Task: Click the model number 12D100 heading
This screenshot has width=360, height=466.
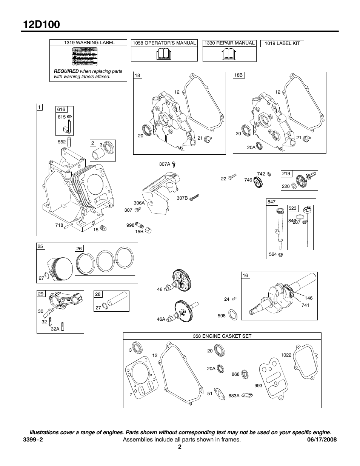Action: click(x=42, y=24)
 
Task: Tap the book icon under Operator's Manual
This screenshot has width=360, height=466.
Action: click(x=164, y=55)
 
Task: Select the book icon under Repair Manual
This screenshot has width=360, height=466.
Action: click(x=229, y=55)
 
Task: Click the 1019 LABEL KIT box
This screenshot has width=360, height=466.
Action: click(x=282, y=43)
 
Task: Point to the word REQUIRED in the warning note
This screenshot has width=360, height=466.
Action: click(x=66, y=71)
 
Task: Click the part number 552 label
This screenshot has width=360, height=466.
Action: click(x=62, y=142)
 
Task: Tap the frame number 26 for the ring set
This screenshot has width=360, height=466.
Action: click(x=79, y=248)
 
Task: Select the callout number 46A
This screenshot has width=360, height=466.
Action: click(x=161, y=319)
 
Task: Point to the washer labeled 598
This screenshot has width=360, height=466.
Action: click(x=233, y=314)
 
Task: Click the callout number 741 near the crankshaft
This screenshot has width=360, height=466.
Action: click(x=305, y=305)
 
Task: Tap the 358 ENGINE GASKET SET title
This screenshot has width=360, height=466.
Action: click(x=222, y=336)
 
